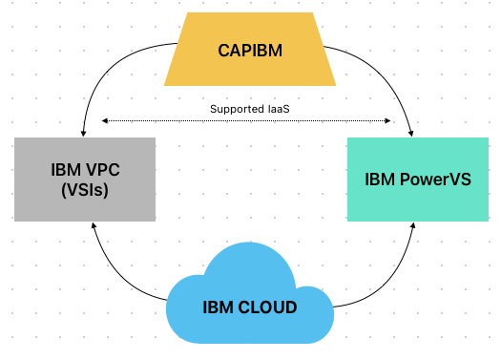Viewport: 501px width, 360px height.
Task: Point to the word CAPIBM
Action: pos(249,51)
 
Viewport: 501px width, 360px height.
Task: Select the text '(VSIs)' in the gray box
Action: pos(85,189)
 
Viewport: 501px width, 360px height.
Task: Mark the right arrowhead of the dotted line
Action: pos(390,121)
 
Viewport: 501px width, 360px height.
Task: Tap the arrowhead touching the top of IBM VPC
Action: pos(86,133)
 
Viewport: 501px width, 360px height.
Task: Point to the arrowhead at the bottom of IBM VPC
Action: pos(93,226)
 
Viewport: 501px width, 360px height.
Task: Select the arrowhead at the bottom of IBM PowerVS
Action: pos(412,227)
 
